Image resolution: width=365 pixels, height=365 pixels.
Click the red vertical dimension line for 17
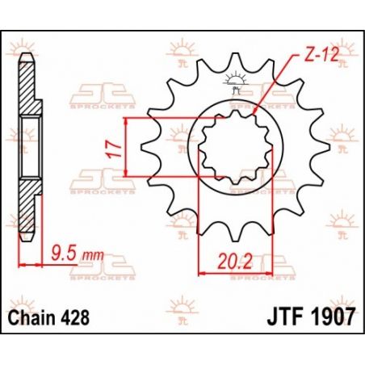point(129,145)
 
